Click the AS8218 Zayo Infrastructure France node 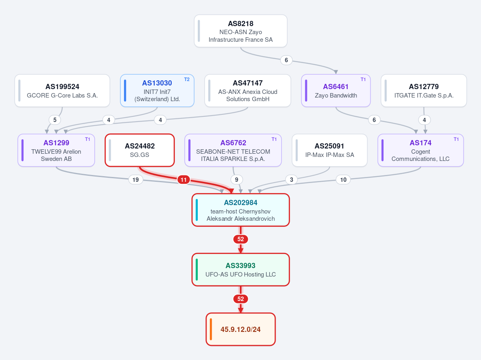pyautogui.click(x=241, y=31)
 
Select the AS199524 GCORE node pyautogui.click(x=62, y=91)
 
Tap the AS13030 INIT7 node pyautogui.click(x=157, y=91)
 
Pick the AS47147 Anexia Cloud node pyautogui.click(x=248, y=91)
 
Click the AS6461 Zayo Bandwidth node pyautogui.click(x=336, y=91)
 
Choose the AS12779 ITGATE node pyautogui.click(x=424, y=91)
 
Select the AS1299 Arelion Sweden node pyautogui.click(x=56, y=151)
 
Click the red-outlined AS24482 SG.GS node pyautogui.click(x=140, y=151)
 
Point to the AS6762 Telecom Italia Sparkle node pyautogui.click(x=233, y=151)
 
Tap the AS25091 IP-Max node pyautogui.click(x=329, y=151)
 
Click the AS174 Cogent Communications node pyautogui.click(x=420, y=151)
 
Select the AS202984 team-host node pyautogui.click(x=241, y=210)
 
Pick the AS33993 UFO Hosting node pyautogui.click(x=241, y=270)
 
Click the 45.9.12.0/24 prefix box pyautogui.click(x=241, y=329)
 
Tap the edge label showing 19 pyautogui.click(x=136, y=179)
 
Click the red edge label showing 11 pyautogui.click(x=183, y=179)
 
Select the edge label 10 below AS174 pyautogui.click(x=343, y=179)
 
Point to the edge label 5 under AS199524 pyautogui.click(x=55, y=120)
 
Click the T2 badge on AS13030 pyautogui.click(x=187, y=79)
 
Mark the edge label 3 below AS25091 pyautogui.click(x=291, y=179)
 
